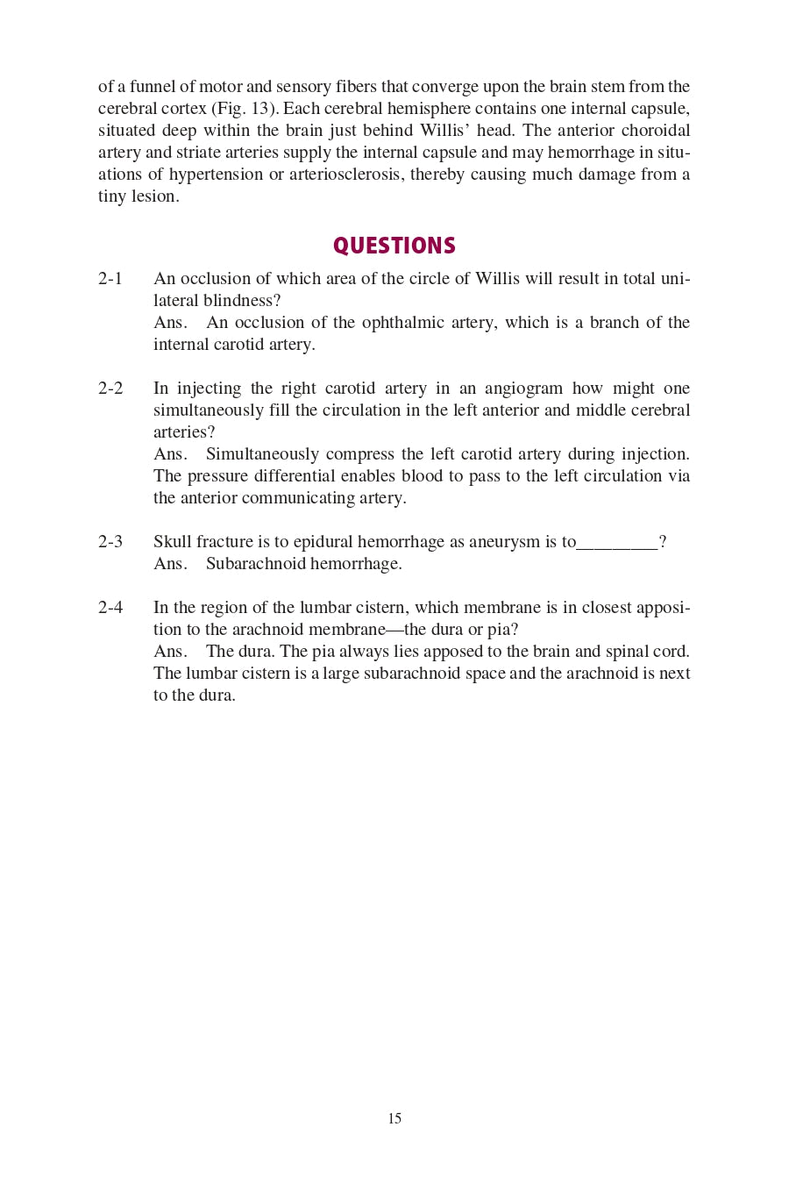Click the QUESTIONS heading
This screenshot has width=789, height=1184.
coord(394,246)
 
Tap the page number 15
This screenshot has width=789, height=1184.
coord(394,1118)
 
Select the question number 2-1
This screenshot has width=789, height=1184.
coord(110,279)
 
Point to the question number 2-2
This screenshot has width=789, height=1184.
coord(110,389)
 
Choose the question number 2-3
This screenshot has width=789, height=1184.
coord(110,542)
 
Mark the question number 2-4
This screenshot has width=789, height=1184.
coord(110,608)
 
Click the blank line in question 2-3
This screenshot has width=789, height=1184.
coord(617,544)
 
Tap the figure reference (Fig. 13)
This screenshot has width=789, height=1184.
coord(245,109)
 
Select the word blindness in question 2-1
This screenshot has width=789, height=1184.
coord(241,301)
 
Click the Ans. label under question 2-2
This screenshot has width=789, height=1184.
coord(170,454)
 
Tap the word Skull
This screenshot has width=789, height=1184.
coord(173,542)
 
